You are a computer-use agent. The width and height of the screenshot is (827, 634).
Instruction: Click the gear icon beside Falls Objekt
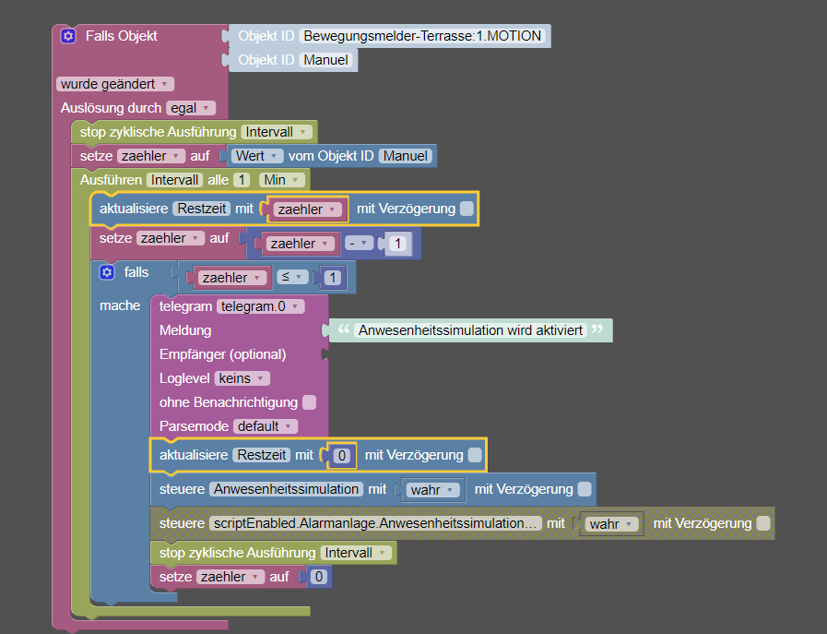pyautogui.click(x=68, y=36)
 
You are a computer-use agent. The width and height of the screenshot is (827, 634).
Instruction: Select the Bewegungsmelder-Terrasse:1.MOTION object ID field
pyautogui.click(x=422, y=36)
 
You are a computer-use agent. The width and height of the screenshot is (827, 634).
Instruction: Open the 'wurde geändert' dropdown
pyautogui.click(x=115, y=84)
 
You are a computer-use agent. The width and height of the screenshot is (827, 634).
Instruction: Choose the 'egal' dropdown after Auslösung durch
pyautogui.click(x=191, y=108)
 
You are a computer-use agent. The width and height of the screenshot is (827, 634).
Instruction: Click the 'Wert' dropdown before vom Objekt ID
pyautogui.click(x=256, y=156)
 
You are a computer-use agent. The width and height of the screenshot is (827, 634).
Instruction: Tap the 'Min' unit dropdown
pyautogui.click(x=281, y=180)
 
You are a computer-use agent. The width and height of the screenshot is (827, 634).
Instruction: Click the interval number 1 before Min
pyautogui.click(x=242, y=180)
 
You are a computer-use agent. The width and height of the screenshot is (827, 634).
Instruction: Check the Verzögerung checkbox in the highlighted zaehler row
pyautogui.click(x=467, y=209)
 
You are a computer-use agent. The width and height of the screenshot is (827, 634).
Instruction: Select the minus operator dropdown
pyautogui.click(x=359, y=244)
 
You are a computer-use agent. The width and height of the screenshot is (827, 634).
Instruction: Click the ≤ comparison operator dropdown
pyautogui.click(x=292, y=277)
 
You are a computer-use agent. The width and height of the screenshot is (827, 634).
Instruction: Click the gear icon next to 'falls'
pyautogui.click(x=107, y=272)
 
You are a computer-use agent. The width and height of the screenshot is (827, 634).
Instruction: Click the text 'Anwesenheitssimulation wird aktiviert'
pyautogui.click(x=470, y=330)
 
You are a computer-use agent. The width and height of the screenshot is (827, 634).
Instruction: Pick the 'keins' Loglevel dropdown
pyautogui.click(x=242, y=378)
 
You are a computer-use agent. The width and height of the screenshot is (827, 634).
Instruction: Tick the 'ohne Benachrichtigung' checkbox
pyautogui.click(x=310, y=402)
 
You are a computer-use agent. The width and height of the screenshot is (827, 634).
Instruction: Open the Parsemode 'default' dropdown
pyautogui.click(x=266, y=426)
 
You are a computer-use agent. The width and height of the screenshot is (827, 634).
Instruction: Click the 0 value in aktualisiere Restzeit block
pyautogui.click(x=342, y=456)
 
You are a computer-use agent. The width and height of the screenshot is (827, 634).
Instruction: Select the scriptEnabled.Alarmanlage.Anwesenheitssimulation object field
pyautogui.click(x=375, y=523)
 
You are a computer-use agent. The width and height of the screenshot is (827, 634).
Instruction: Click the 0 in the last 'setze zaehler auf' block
pyautogui.click(x=319, y=577)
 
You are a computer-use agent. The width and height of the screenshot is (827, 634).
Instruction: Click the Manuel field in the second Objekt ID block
pyautogui.click(x=325, y=60)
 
